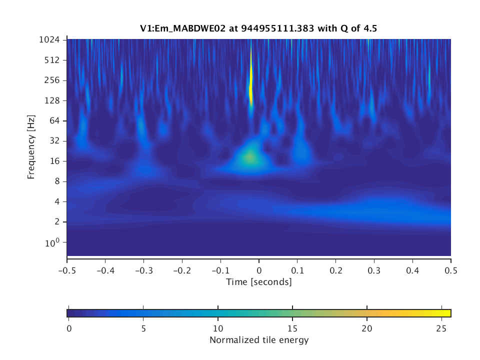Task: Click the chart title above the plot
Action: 258,29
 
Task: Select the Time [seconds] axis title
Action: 258,282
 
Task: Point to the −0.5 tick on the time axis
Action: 66,269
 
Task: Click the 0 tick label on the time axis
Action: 259,269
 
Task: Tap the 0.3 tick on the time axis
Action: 374,269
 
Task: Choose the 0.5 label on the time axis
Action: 450,269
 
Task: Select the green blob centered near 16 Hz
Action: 249,158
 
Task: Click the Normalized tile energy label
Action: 258,340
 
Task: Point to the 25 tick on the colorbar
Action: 441,328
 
